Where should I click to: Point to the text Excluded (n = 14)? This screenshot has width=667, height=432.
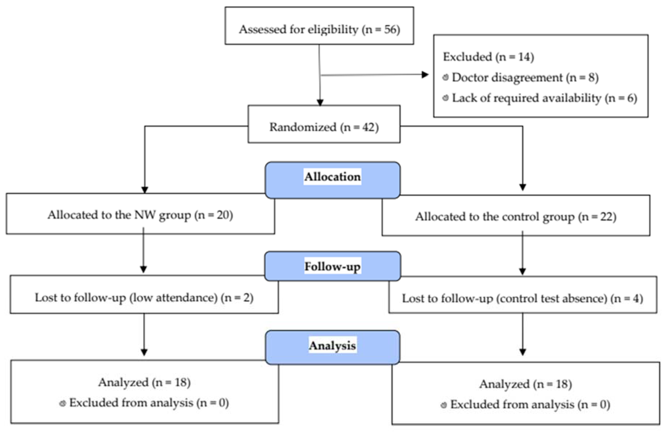(x=488, y=57)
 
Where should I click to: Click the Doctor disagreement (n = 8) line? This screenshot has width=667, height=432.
(x=525, y=78)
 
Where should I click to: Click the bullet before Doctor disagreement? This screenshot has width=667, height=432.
(x=445, y=77)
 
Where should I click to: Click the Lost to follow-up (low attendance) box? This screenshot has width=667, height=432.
(x=144, y=297)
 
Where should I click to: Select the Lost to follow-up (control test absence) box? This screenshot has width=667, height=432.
(x=522, y=298)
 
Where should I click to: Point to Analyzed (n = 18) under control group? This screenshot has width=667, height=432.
(x=525, y=384)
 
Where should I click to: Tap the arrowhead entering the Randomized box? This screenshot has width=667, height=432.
(x=320, y=103)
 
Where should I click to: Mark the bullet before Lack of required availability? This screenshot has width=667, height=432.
(x=445, y=98)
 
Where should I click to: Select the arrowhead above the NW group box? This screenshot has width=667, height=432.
(x=145, y=190)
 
